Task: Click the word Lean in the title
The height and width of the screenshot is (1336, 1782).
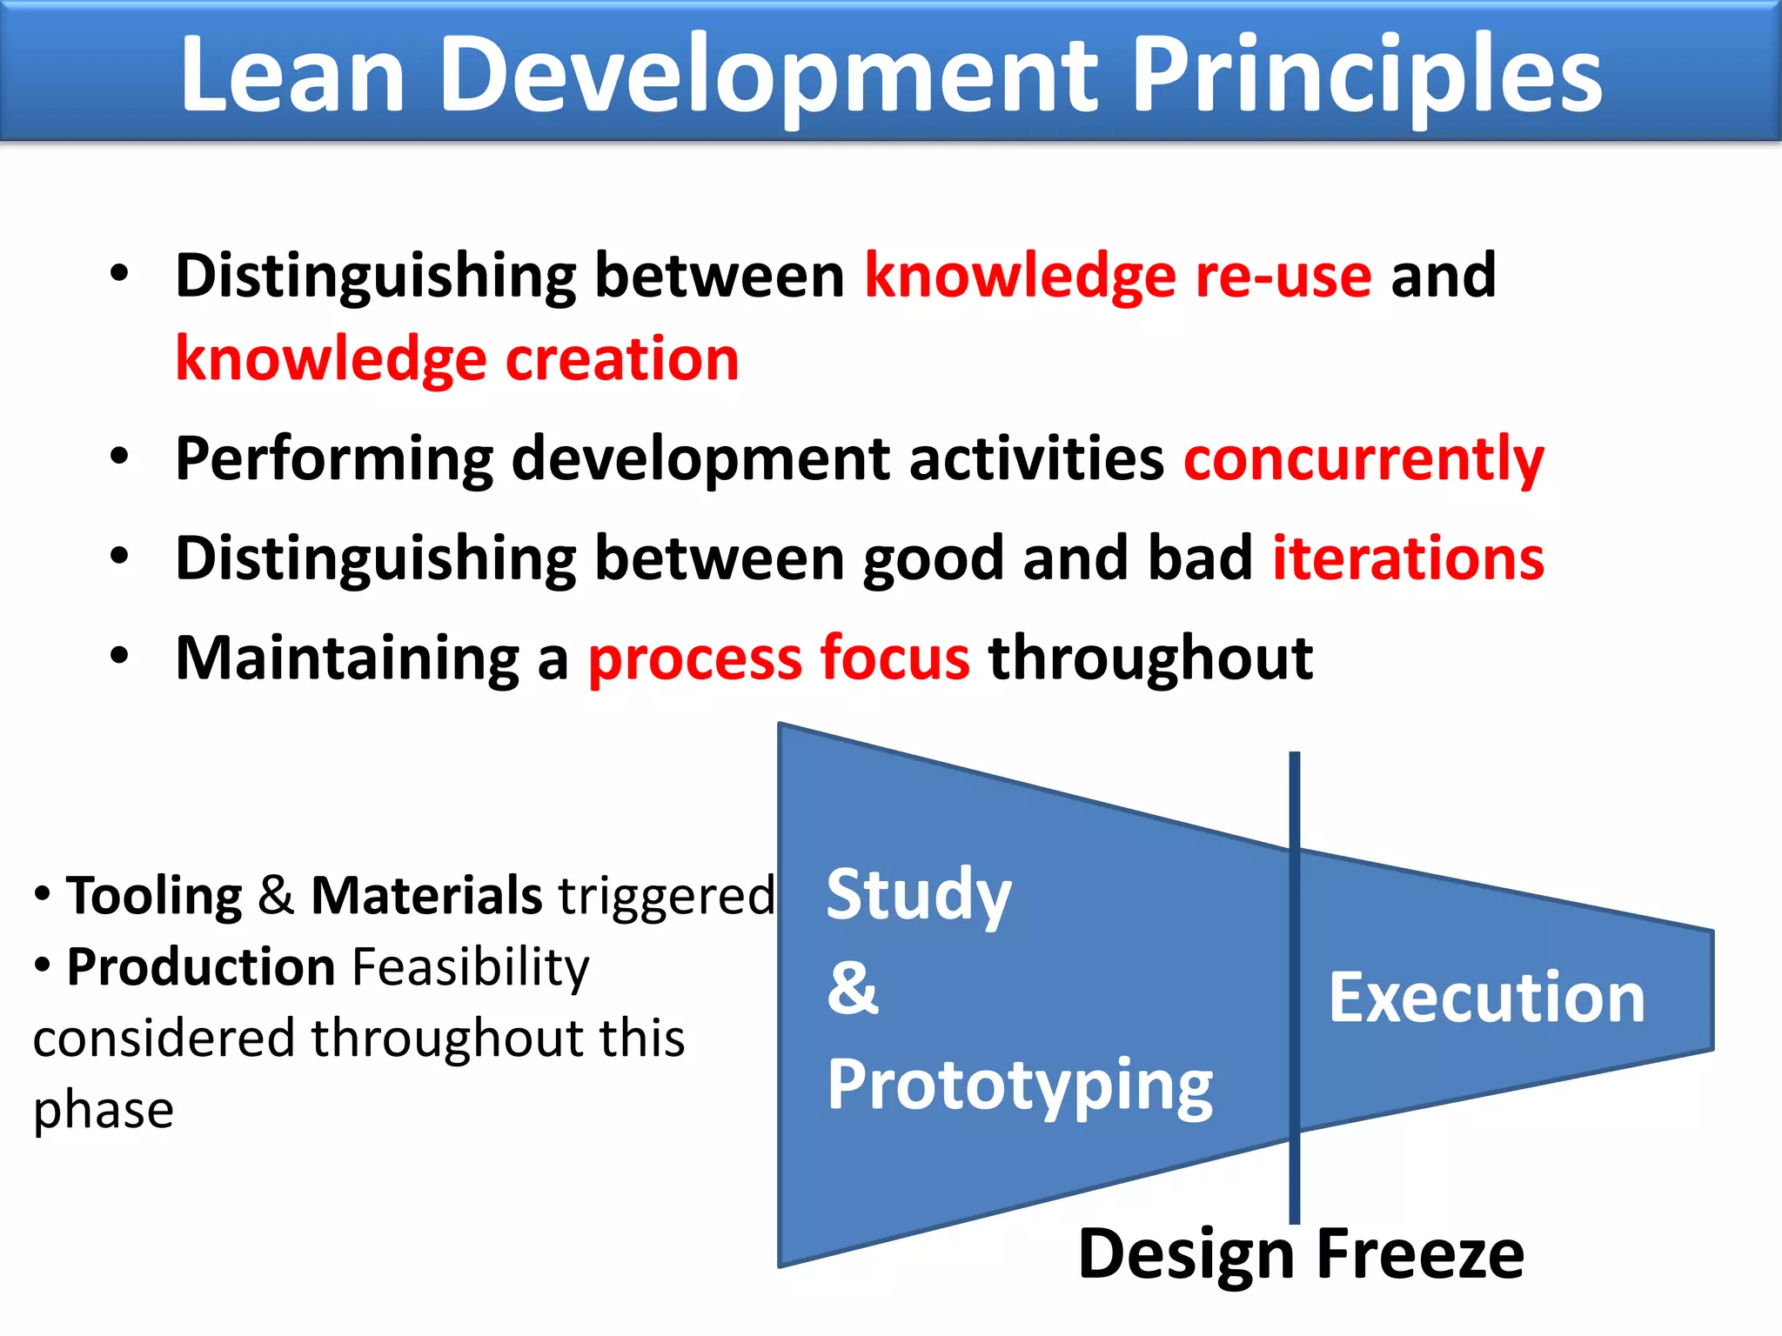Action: [292, 77]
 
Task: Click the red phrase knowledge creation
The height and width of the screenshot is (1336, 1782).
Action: [457, 359]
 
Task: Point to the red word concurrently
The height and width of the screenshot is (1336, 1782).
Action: [1363, 459]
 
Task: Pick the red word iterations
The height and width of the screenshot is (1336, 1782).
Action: [1408, 558]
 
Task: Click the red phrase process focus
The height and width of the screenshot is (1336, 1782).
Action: [779, 658]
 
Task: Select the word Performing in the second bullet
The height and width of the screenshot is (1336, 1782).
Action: [333, 459]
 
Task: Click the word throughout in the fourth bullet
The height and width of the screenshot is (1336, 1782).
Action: [1150, 658]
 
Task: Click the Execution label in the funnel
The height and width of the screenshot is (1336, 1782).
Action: [1486, 998]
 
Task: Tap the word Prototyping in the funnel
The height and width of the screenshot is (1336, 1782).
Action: [1019, 1085]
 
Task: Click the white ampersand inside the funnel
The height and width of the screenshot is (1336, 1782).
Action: [853, 989]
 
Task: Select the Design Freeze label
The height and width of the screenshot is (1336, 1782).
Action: [1301, 1254]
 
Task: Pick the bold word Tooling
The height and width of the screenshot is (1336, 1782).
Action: [155, 896]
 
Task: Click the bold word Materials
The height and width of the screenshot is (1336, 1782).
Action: [426, 896]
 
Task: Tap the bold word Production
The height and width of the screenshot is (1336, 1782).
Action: [201, 967]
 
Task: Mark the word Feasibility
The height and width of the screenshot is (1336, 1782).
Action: [471, 967]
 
